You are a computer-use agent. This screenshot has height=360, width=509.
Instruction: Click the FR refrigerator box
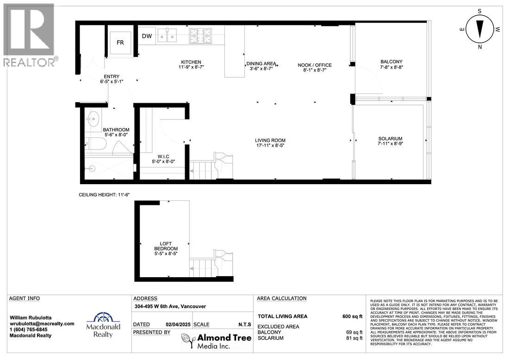(120, 42)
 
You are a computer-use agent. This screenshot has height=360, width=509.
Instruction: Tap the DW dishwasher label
(147, 36)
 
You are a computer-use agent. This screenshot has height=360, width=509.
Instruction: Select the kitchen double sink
(167, 35)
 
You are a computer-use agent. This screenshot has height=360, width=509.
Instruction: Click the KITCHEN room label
(191, 65)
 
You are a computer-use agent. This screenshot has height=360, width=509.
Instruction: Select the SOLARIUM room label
(390, 141)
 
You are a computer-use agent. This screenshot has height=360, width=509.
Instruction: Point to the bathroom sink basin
(93, 119)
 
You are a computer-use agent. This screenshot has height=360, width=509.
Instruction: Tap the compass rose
(480, 29)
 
